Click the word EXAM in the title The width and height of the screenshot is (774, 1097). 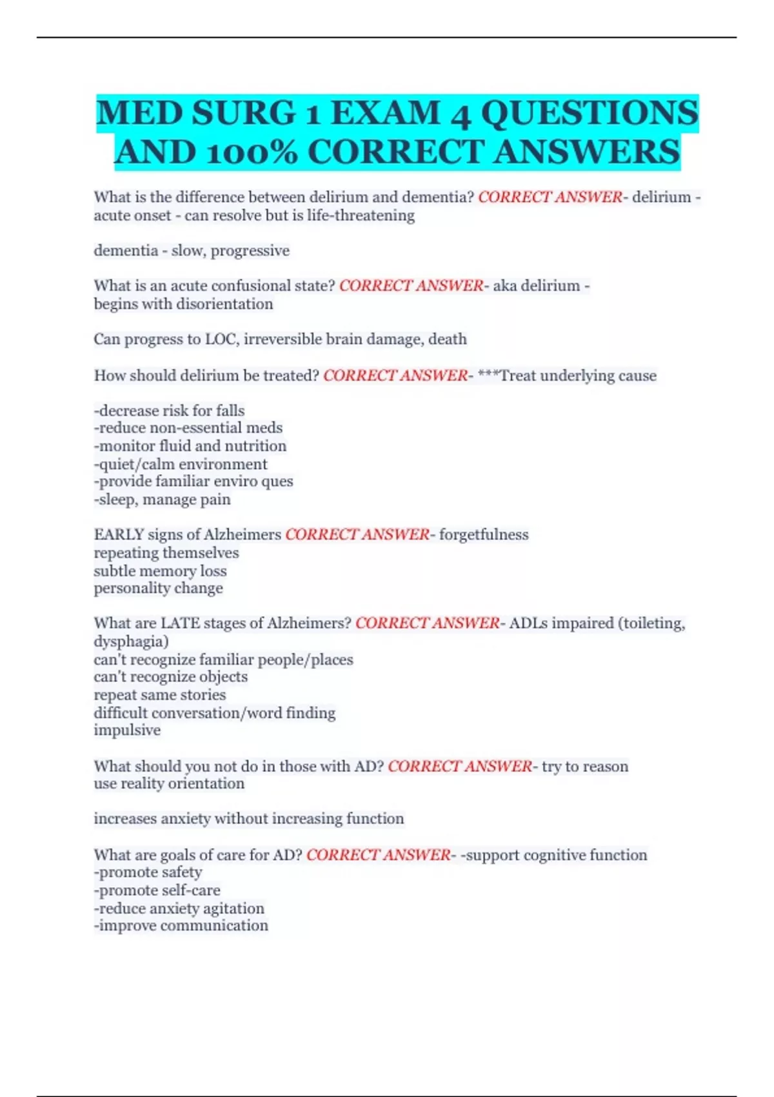(384, 114)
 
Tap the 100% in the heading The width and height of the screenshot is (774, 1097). (252, 153)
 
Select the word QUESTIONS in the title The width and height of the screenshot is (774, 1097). (590, 114)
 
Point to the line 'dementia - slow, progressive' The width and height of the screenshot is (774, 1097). (192, 250)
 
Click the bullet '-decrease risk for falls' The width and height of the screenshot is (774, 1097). (169, 410)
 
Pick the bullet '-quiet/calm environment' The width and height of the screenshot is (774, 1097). (180, 464)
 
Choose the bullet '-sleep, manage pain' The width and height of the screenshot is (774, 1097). (162, 499)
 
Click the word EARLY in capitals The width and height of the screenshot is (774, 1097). (119, 535)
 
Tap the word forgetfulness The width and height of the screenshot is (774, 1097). (484, 535)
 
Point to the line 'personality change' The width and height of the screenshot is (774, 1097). (158, 589)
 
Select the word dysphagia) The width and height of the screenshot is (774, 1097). (131, 641)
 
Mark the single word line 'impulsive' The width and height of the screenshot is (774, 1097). (127, 730)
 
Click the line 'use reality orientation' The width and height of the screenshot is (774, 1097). (169, 784)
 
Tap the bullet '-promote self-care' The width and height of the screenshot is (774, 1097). (157, 891)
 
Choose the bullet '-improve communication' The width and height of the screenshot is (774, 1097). (181, 926)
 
